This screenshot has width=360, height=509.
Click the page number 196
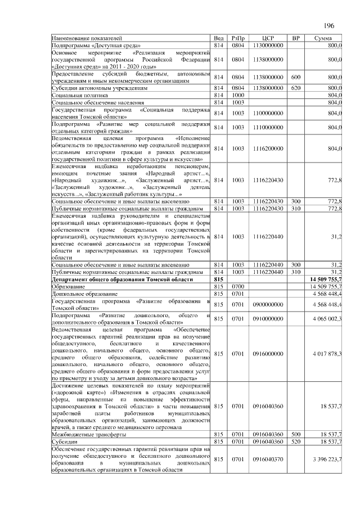(x=328, y=25)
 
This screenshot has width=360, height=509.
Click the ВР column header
(x=295, y=38)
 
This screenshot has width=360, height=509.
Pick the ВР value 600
(x=295, y=76)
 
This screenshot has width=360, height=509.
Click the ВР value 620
(x=295, y=88)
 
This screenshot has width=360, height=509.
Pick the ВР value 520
(x=295, y=442)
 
